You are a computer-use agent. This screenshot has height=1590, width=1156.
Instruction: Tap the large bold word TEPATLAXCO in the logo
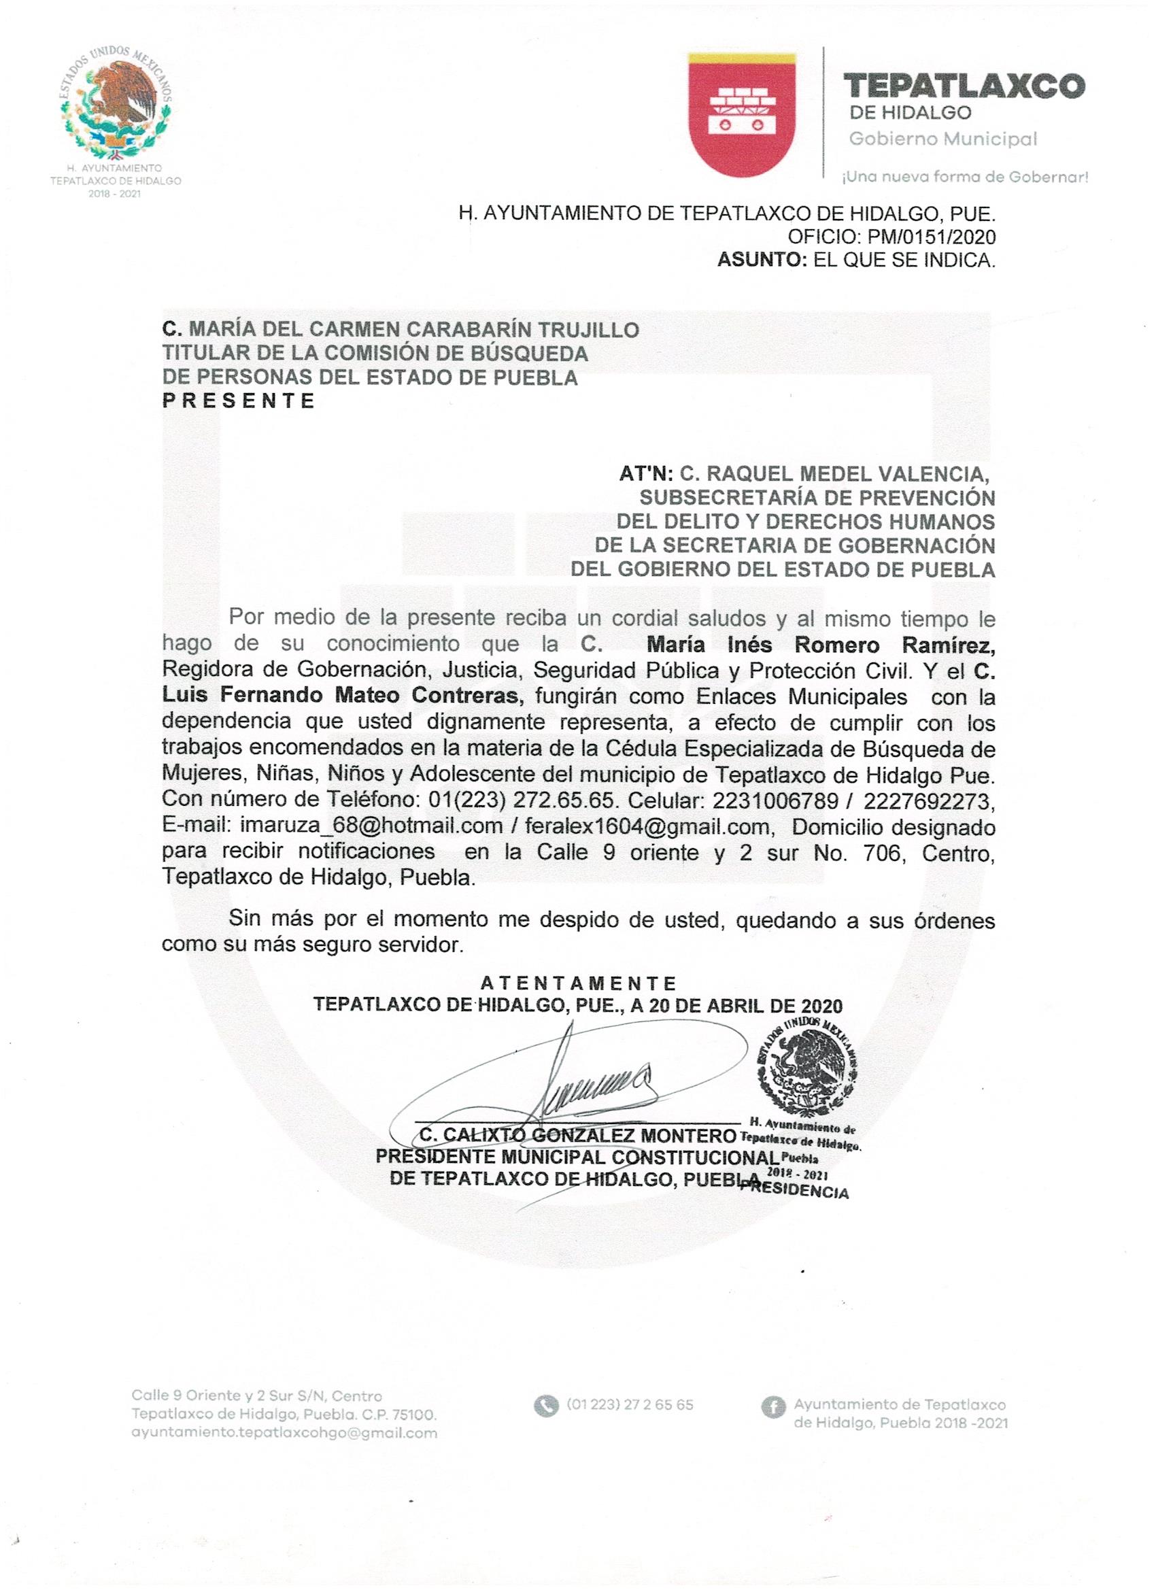pos(964,86)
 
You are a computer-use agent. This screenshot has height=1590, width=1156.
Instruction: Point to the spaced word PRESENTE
pos(239,401)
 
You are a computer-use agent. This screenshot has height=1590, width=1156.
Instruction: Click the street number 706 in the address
pos(887,853)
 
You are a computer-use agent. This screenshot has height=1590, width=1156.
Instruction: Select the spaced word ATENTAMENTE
pos(579,983)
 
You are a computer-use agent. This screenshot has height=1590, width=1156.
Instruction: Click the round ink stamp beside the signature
pos(806,1064)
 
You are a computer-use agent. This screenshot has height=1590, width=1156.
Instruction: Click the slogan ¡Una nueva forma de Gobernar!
pos(965,177)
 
